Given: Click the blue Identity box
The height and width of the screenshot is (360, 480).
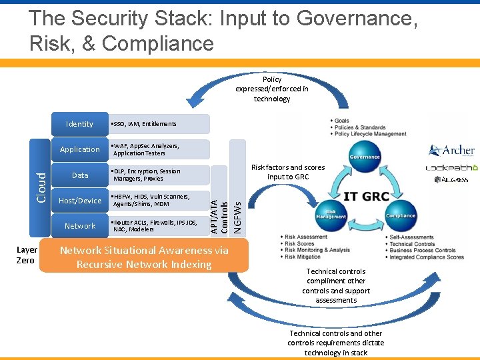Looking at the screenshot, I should pyautogui.click(x=80, y=124).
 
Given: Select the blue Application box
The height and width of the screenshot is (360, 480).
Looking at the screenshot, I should pyautogui.click(x=80, y=149).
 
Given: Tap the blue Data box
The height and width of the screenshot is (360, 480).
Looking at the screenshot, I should pyautogui.click(x=80, y=175).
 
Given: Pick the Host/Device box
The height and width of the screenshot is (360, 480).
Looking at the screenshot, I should pyautogui.click(x=80, y=201).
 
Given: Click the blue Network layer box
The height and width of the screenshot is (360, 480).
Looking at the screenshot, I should pyautogui.click(x=80, y=226).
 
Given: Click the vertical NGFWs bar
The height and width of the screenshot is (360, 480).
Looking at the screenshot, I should pyautogui.click(x=237, y=187).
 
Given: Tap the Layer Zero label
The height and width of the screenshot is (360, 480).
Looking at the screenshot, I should pyautogui.click(x=27, y=255).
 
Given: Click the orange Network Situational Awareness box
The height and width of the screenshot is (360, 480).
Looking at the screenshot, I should pyautogui.click(x=145, y=257).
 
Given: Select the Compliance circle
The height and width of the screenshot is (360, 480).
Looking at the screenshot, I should pyautogui.click(x=401, y=213).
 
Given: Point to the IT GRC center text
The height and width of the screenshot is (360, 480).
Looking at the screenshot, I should pyautogui.click(x=365, y=197).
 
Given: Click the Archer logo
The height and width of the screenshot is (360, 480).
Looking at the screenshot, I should pyautogui.click(x=451, y=150).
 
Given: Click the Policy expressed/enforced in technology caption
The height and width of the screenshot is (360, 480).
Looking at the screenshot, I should pyautogui.click(x=272, y=89).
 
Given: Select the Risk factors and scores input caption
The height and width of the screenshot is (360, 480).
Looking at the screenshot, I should pyautogui.click(x=287, y=172).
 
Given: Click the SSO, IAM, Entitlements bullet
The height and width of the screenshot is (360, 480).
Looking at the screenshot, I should pyautogui.click(x=145, y=124).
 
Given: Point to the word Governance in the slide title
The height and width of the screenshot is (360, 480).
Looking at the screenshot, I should pyautogui.click(x=354, y=19).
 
